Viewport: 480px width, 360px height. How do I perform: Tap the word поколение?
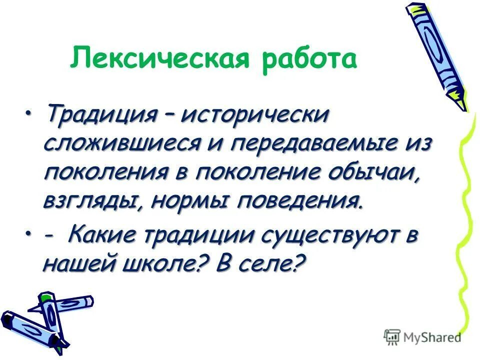pos(259,172)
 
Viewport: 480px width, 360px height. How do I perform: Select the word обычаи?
pos(378,172)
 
